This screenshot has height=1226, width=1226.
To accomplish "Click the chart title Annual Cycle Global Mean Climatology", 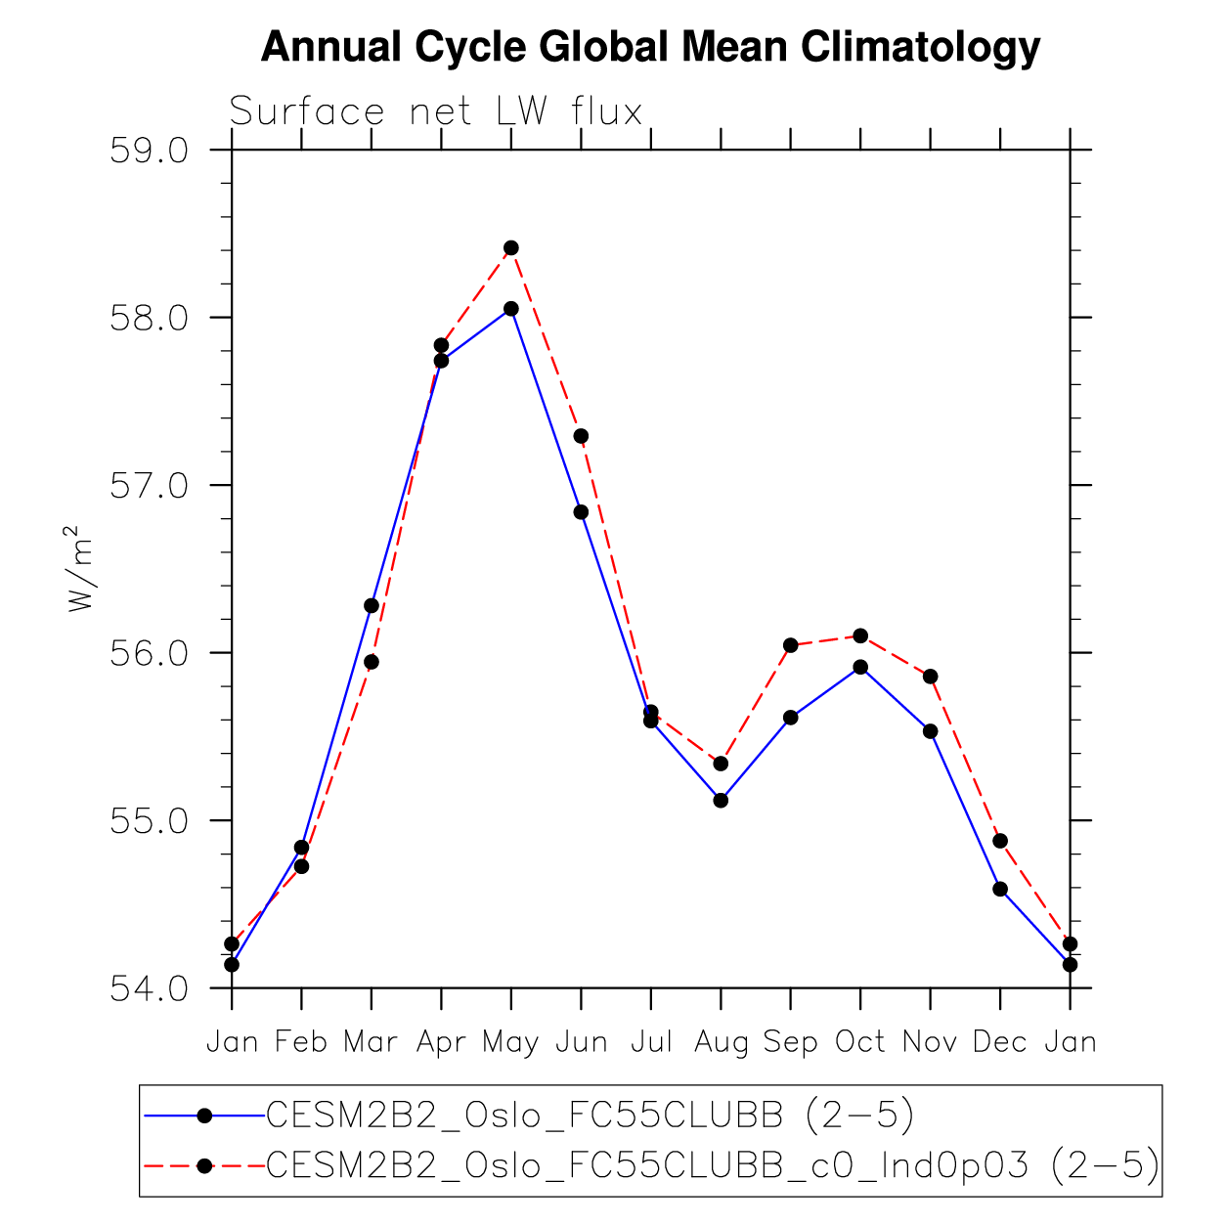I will (x=650, y=47).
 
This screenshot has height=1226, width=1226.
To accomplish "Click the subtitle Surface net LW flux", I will (x=436, y=111).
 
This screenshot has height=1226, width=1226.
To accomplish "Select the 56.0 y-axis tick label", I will (x=149, y=653).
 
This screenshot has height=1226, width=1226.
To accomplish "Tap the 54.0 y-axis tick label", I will (x=149, y=988).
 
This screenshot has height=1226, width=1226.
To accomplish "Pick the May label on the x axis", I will (x=510, y=1043).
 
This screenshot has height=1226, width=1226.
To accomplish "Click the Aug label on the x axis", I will (x=721, y=1043).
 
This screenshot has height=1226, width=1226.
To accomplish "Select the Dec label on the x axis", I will (x=999, y=1042).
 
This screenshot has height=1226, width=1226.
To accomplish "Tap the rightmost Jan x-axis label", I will (x=1070, y=1042).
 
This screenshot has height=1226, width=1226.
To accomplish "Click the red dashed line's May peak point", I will (x=511, y=248).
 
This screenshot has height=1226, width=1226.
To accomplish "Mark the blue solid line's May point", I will (x=511, y=309).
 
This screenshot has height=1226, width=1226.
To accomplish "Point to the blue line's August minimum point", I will (x=721, y=800).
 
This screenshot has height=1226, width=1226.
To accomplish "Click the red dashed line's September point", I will (x=791, y=645).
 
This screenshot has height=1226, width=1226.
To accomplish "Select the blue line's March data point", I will (x=372, y=605).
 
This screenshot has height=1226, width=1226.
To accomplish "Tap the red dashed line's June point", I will (x=581, y=436).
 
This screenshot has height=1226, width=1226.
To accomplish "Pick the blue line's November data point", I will (x=931, y=731).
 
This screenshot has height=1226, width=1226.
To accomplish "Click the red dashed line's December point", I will (x=1000, y=841).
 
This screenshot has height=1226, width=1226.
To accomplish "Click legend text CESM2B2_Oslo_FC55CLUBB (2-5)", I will (x=590, y=1115).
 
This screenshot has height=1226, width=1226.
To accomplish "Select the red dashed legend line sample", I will (x=204, y=1165).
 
